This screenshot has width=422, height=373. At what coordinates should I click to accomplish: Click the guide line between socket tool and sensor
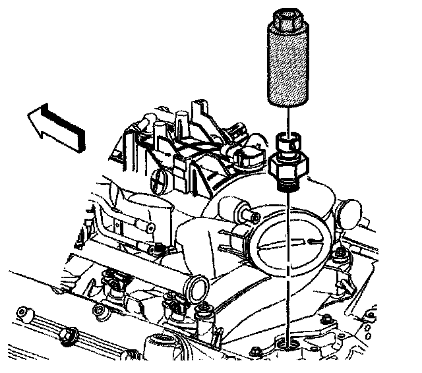click(x=287, y=119)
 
